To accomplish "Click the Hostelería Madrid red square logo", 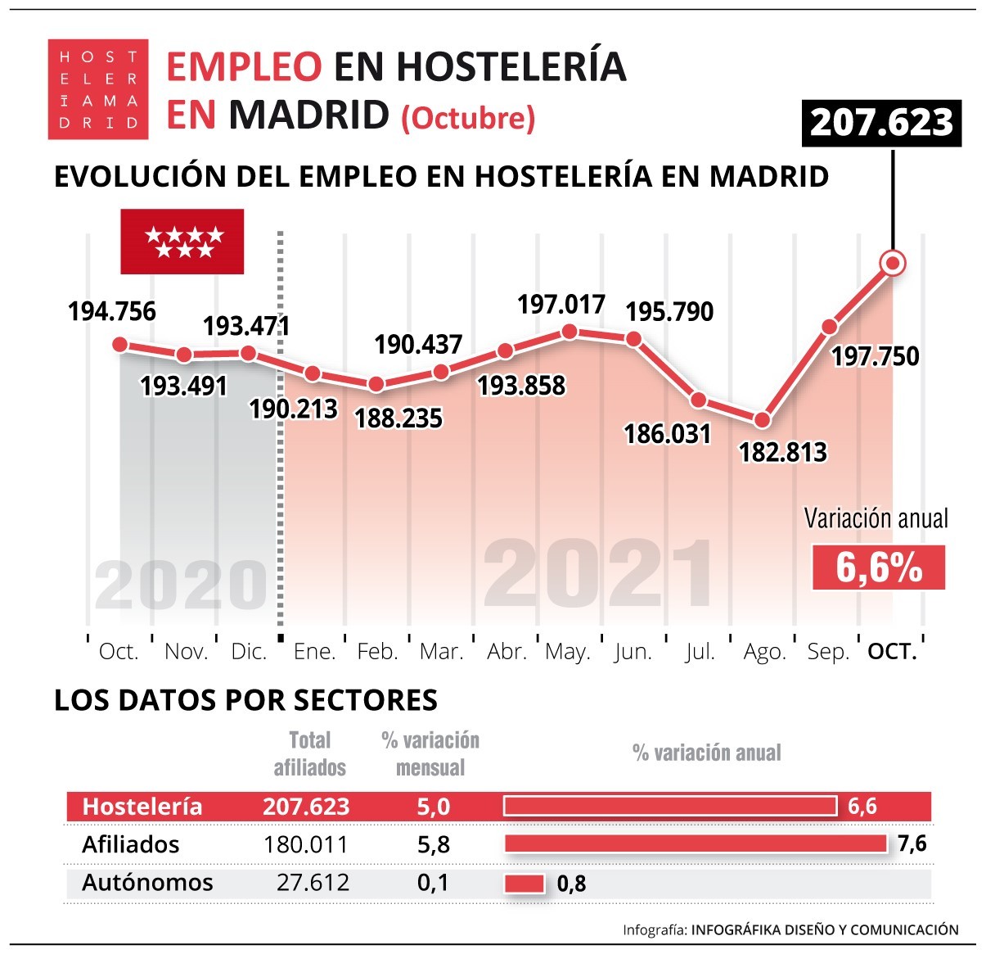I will pyautogui.click(x=98, y=89).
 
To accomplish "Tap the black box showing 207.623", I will pyautogui.click(x=881, y=124).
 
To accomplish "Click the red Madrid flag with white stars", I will pyautogui.click(x=182, y=242).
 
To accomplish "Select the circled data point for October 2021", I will pyautogui.click(x=892, y=263).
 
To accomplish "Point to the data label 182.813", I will pyautogui.click(x=783, y=452).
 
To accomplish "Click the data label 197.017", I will pyautogui.click(x=561, y=305).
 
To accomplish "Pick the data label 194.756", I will pyautogui.click(x=112, y=312).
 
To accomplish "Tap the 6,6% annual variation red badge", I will pyautogui.click(x=878, y=567).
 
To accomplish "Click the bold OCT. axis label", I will pyautogui.click(x=892, y=652).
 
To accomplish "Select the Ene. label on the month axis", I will pyautogui.click(x=315, y=652).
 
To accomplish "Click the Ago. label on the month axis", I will pyautogui.click(x=764, y=652).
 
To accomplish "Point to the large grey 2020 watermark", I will pyautogui.click(x=181, y=586).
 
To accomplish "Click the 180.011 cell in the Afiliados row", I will pyautogui.click(x=306, y=844).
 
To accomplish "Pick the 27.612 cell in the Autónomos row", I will pyautogui.click(x=313, y=883).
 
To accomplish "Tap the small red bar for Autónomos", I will pyautogui.click(x=525, y=884).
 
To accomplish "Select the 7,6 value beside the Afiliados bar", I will pyautogui.click(x=912, y=843).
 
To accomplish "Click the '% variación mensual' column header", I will pyautogui.click(x=430, y=754).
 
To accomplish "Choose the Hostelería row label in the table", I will pyautogui.click(x=142, y=807).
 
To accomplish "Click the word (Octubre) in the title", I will pyautogui.click(x=468, y=118).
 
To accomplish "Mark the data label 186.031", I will pyautogui.click(x=668, y=433).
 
